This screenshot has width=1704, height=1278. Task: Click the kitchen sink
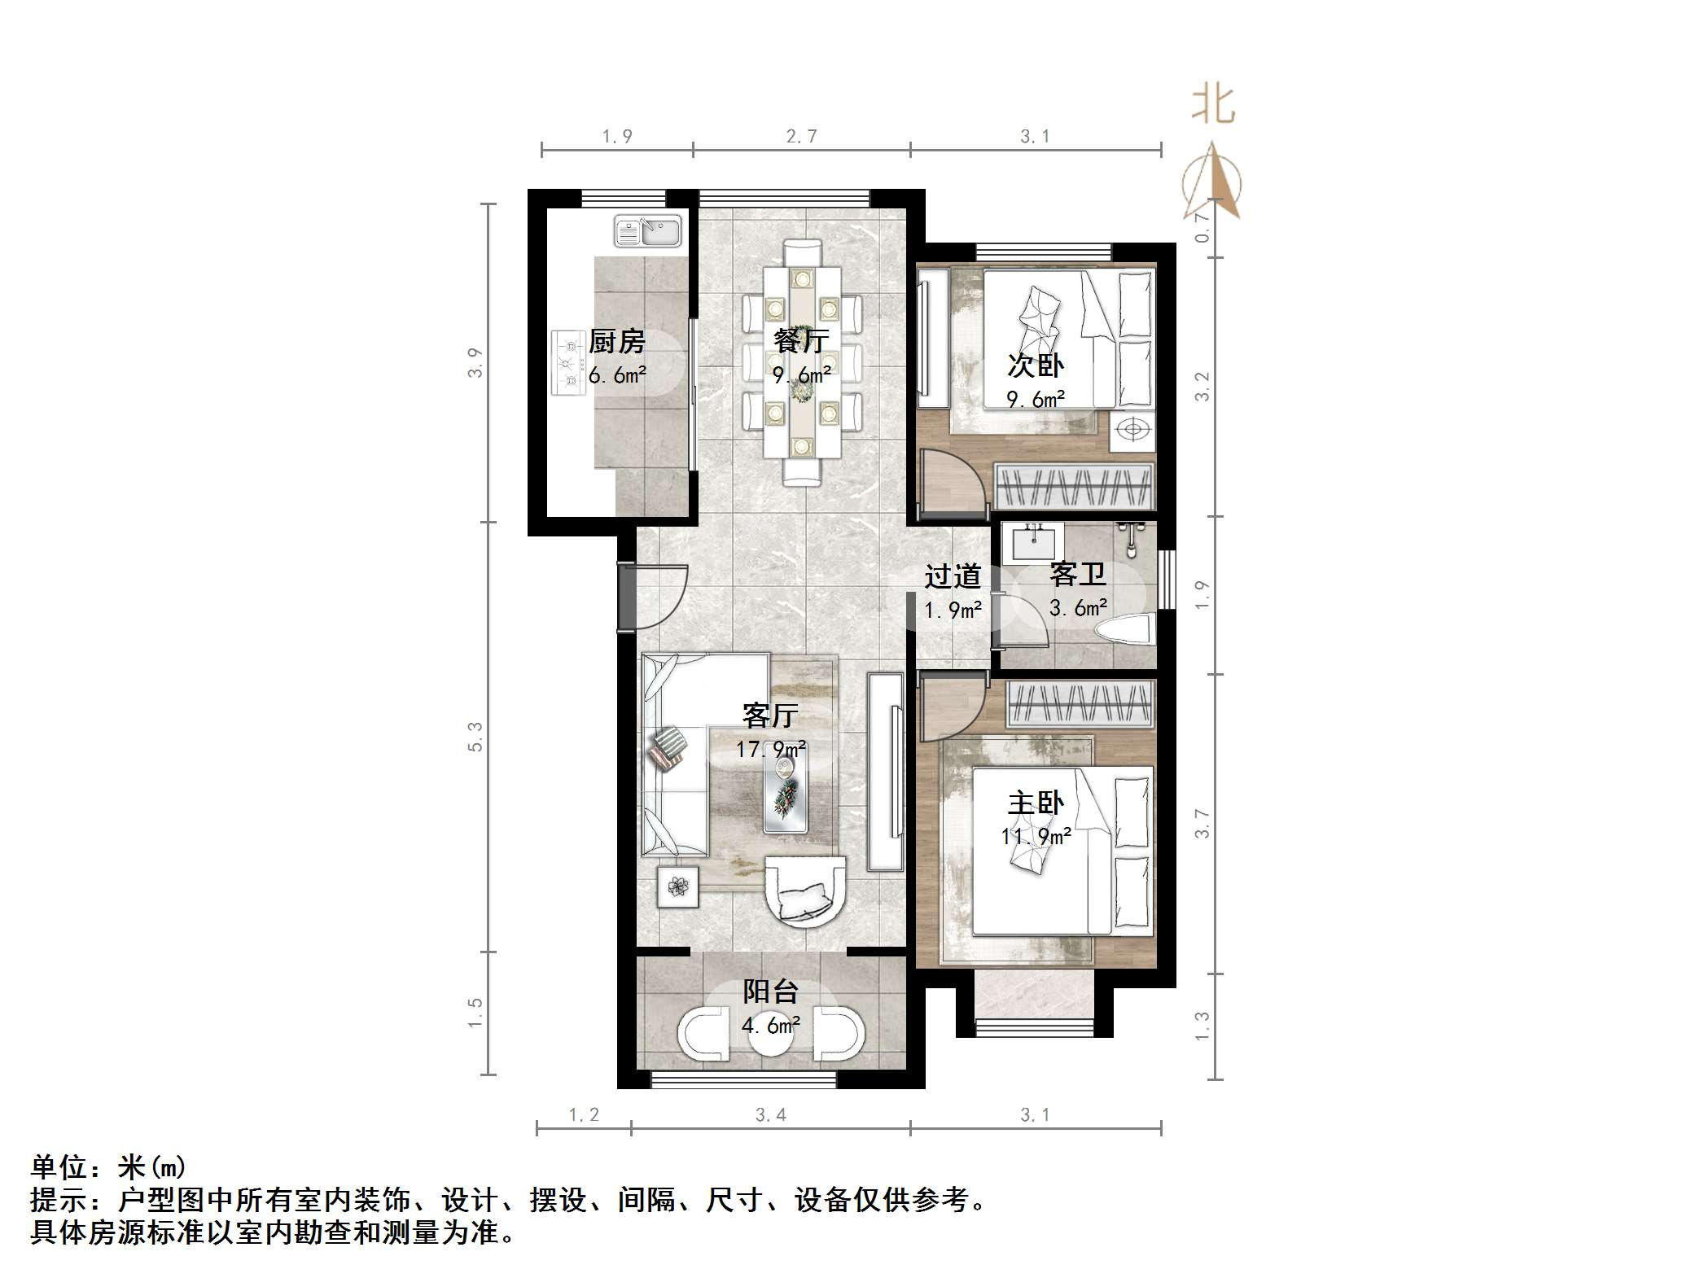[648, 231]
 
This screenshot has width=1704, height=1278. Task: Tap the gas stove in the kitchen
[568, 363]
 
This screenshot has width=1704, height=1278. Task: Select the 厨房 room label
[617, 341]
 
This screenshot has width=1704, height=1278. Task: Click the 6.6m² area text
[617, 375]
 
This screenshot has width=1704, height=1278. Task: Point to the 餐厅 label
[801, 340]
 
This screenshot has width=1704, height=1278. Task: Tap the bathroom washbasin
[1033, 542]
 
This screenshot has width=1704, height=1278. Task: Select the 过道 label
[952, 576]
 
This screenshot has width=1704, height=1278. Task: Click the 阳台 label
[770, 991]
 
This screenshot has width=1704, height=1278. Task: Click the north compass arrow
[1213, 181]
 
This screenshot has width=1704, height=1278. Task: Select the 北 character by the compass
[1213, 106]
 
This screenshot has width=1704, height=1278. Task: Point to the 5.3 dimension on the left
[475, 737]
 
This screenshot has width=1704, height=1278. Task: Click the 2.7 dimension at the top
[801, 137]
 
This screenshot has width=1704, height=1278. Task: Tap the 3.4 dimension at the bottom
[770, 1115]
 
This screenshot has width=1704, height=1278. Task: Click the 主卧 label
[1036, 803]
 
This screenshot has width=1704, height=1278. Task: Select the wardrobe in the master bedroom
[1080, 703]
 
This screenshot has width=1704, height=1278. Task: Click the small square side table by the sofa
[677, 886]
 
